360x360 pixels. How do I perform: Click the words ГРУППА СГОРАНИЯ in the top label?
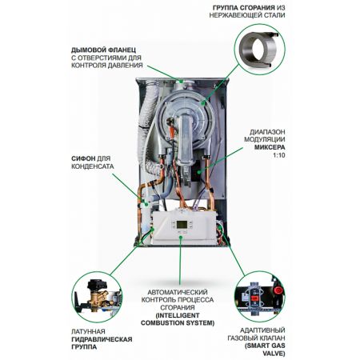tap(243, 7)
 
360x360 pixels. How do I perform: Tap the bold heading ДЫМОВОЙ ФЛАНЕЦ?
tap(103, 50)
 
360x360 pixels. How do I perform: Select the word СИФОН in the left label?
tap(83, 158)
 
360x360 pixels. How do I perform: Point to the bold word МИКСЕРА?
tap(270, 147)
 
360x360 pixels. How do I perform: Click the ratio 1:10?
tap(279, 155)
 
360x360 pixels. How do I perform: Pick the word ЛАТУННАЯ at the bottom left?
tap(88, 331)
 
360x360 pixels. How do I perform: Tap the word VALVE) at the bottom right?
tap(274, 354)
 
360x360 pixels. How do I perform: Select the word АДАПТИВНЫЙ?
tap(262, 330)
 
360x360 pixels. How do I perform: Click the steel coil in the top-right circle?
tap(258, 50)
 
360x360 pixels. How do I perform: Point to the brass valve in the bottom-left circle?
tap(98, 298)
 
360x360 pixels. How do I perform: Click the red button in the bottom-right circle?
tap(279, 290)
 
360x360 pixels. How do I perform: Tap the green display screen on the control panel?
tap(182, 224)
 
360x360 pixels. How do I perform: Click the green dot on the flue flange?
tap(182, 81)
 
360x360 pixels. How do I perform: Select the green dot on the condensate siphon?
tap(146, 204)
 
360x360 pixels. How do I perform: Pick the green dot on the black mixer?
tap(199, 172)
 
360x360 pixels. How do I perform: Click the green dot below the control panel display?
tap(181, 236)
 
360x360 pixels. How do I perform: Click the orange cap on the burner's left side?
tap(173, 130)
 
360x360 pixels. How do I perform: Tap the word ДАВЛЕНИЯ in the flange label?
tap(126, 65)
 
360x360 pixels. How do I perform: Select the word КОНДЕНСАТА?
tap(93, 166)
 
